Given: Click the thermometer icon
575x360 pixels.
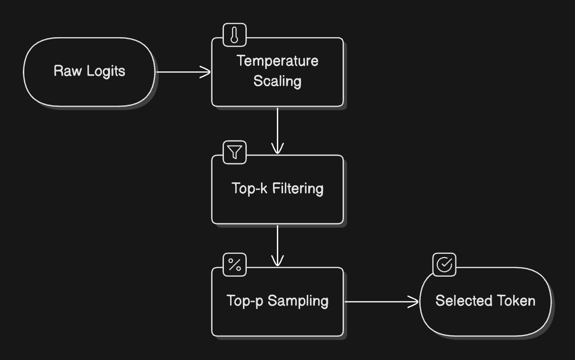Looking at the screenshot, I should point(235,35).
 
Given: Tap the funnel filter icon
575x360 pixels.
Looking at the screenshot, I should point(235,152).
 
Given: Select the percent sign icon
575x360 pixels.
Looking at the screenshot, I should point(235,265).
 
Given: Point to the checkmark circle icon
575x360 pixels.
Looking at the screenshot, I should point(444,265).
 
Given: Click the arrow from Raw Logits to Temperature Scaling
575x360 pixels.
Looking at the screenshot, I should point(183,72).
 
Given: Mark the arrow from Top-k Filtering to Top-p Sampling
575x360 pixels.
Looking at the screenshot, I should point(277,245).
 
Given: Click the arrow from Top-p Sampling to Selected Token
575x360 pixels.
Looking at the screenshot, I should point(381,301).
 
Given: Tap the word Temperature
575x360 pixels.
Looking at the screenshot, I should point(277,61).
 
